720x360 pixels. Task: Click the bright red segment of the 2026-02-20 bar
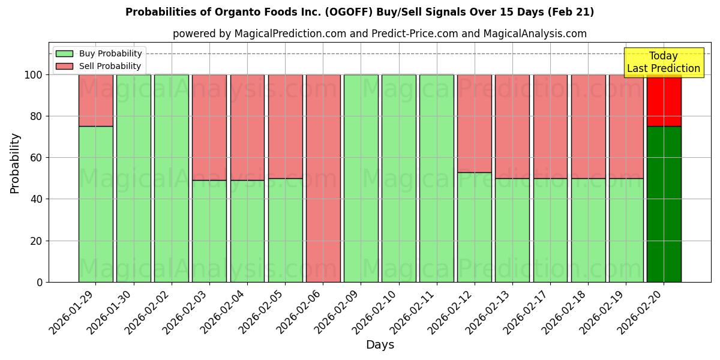click(664, 100)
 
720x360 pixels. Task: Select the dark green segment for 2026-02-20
click(664, 204)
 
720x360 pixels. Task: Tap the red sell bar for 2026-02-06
click(323, 178)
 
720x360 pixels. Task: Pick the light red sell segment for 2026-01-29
click(95, 100)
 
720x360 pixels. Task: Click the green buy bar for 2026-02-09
click(361, 178)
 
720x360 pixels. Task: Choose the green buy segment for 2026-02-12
click(474, 227)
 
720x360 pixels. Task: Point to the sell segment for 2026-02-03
click(209, 127)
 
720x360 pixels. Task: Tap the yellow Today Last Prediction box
click(663, 62)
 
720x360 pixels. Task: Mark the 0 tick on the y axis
click(39, 282)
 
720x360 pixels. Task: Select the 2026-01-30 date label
click(112, 311)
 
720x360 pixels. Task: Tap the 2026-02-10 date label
click(377, 311)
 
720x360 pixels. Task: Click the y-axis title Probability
click(15, 163)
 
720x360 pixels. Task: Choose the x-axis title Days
click(380, 345)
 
